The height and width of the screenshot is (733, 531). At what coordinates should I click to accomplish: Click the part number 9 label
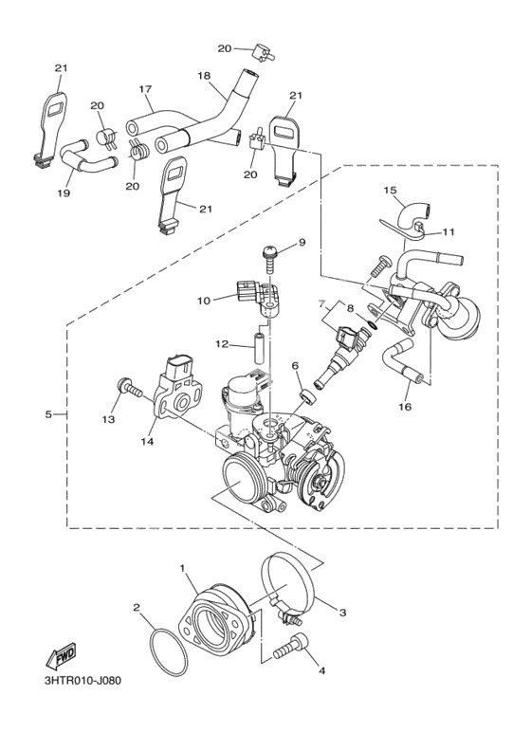coord(302,242)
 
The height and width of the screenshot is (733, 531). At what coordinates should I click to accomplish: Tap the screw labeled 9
coord(268,261)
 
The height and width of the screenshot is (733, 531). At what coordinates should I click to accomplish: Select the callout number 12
coord(222,344)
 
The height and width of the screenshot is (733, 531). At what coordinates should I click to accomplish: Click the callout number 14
coord(150,441)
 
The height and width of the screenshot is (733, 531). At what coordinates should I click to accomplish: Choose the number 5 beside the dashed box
coord(49,414)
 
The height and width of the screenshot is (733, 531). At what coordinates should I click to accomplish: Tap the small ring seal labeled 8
coord(373,324)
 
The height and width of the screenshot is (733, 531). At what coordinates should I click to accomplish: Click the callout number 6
coord(295,366)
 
